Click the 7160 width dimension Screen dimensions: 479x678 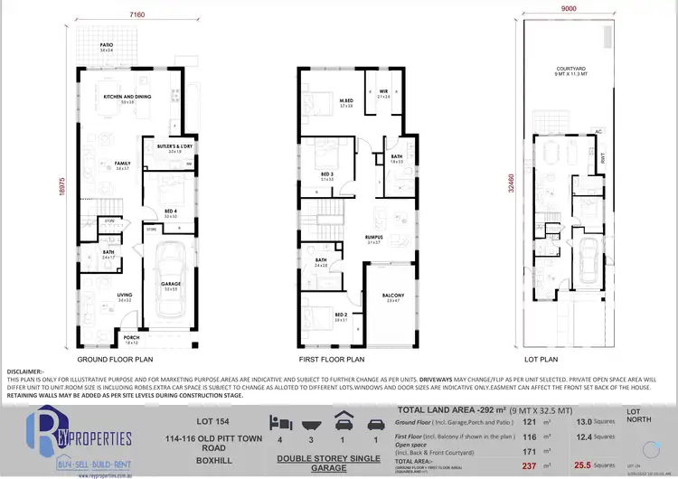tap(137, 15)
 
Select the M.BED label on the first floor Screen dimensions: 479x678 tap(345, 100)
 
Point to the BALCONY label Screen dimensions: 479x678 tap(392, 296)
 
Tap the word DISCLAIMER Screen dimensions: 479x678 tap(25, 371)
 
